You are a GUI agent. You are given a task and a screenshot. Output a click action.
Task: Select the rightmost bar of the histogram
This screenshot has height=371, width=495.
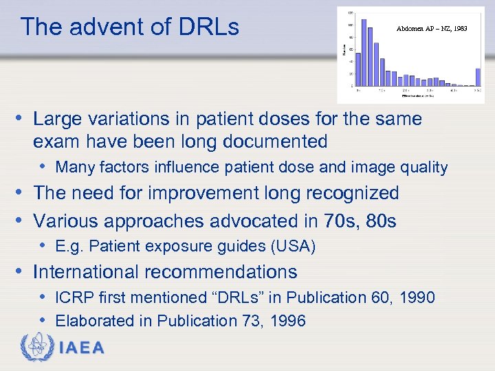point(478,77)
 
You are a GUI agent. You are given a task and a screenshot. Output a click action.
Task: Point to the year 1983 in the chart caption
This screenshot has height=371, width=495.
point(460,29)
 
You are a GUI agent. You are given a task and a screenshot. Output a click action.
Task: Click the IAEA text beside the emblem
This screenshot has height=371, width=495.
point(82,348)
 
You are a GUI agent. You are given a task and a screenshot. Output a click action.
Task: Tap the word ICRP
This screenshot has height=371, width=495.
point(75,297)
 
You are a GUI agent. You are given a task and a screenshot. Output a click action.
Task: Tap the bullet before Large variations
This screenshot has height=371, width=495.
point(23,119)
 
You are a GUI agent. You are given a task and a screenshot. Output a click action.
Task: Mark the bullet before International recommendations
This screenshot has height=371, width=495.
point(23,272)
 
